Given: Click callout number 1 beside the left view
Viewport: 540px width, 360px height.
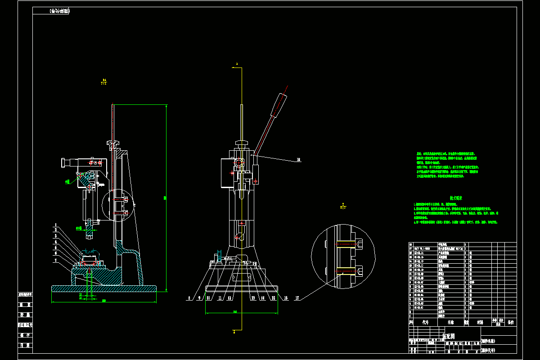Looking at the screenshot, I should [56, 225].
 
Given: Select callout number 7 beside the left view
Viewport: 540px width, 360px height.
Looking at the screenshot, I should [56, 260].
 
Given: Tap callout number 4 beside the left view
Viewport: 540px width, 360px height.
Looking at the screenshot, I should [56, 241].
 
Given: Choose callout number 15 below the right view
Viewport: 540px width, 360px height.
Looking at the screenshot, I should [273, 298].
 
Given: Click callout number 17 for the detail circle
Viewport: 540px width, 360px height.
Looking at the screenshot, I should [297, 298].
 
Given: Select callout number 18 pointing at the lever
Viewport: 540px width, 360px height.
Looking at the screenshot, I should [298, 159].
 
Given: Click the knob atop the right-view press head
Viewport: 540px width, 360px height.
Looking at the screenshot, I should [242, 144].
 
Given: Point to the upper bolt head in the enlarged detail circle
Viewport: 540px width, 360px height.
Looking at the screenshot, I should [360, 244].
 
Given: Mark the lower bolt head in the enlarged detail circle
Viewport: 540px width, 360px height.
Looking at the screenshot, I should [360, 271].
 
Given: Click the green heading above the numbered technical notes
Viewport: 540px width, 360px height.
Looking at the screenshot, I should [456, 198].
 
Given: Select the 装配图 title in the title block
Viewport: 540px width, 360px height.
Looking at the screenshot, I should [449, 336].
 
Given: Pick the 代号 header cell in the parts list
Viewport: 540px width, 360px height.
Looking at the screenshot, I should [425, 322].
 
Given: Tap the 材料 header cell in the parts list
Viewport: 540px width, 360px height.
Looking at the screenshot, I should [480, 322].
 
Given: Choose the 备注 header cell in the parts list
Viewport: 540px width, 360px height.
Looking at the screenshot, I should [510, 322].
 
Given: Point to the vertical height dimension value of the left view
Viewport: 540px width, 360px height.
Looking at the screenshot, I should [165, 198].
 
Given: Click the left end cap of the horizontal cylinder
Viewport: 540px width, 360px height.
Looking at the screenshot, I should [63, 162].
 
